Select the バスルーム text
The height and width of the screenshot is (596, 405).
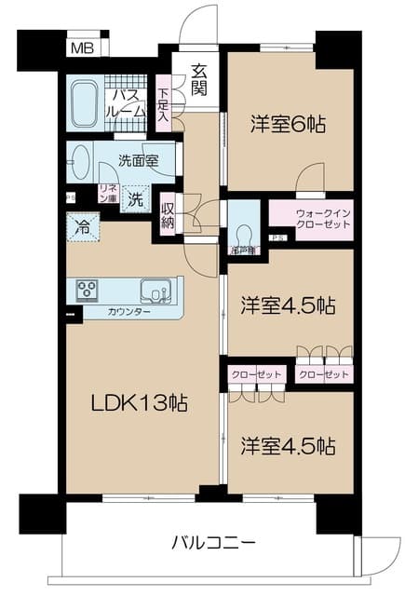click(128, 102)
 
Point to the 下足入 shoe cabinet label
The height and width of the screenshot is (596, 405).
click(164, 104)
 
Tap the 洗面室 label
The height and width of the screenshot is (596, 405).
click(137, 159)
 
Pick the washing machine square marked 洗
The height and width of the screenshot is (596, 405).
click(136, 198)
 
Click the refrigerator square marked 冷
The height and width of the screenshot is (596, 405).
click(81, 226)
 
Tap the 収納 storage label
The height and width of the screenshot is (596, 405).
click(168, 214)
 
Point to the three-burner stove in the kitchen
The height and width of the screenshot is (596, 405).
click(88, 290)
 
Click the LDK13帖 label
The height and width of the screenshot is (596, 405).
click(139, 403)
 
